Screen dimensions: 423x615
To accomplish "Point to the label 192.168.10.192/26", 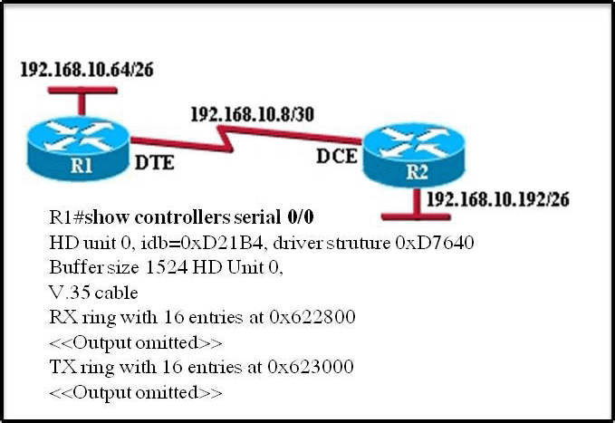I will [496, 199].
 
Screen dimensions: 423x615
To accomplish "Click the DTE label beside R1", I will [154, 167].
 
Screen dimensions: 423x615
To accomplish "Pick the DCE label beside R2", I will [336, 155].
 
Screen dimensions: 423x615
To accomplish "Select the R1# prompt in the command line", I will [69, 217].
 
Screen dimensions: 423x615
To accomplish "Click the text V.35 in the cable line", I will [70, 293].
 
